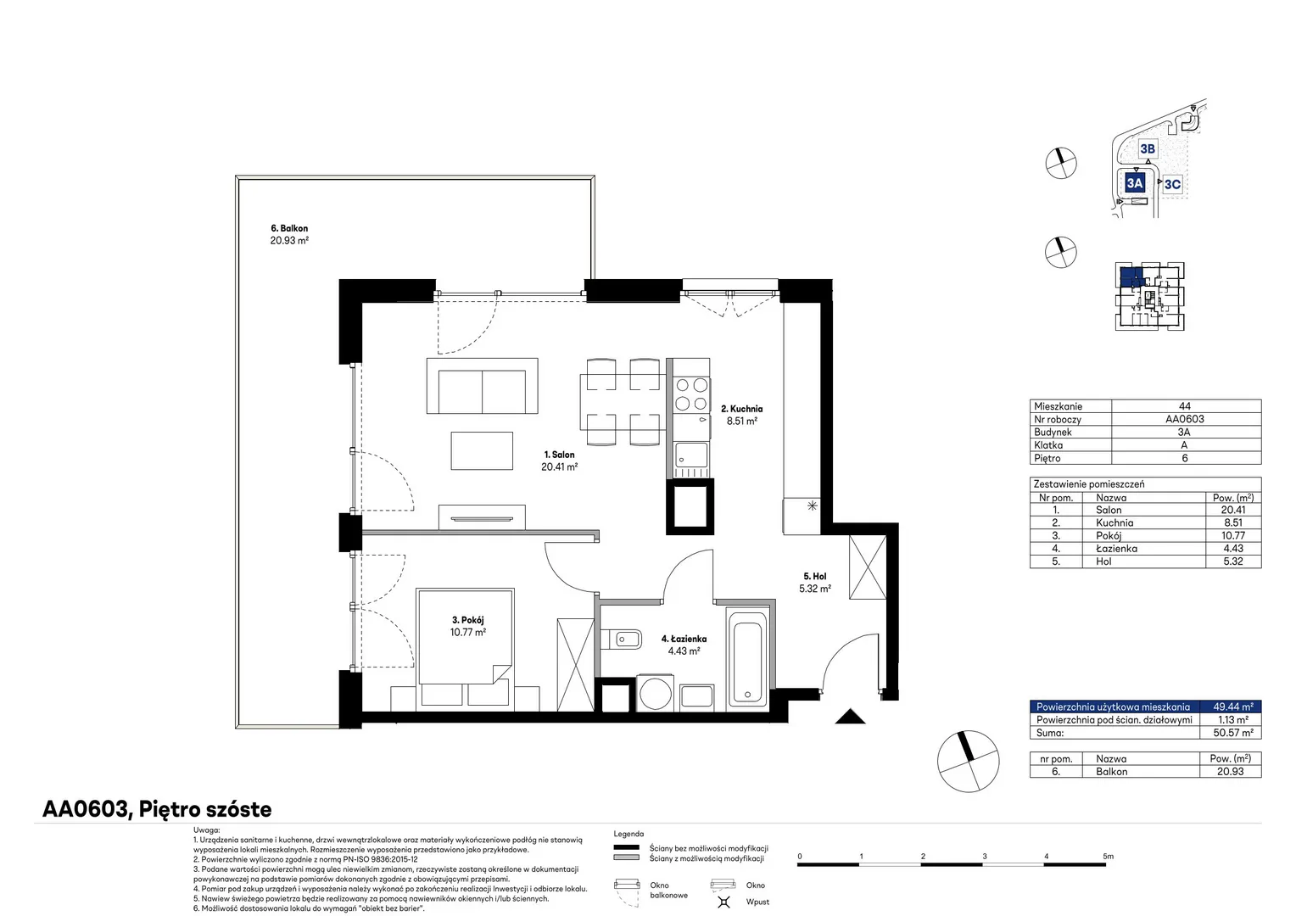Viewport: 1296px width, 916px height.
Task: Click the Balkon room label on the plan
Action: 289,228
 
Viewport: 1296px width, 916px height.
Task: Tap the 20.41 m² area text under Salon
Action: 560,467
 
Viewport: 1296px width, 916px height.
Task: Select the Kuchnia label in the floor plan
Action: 742,409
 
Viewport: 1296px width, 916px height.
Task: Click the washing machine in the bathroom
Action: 655,692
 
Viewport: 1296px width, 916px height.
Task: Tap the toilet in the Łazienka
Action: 621,640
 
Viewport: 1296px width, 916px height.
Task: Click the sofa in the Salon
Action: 482,385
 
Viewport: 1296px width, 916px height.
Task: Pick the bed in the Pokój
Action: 465,646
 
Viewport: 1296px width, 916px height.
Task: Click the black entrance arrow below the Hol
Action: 850,717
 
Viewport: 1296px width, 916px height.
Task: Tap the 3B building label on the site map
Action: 1148,149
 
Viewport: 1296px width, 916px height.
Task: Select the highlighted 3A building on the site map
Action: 1135,183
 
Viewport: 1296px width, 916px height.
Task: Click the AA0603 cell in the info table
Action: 1184,419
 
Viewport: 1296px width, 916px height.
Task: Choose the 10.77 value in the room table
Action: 1233,535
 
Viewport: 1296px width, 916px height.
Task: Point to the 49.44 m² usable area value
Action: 1233,707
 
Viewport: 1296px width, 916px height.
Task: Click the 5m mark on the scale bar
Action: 1108,856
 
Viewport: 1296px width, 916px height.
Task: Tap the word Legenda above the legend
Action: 628,834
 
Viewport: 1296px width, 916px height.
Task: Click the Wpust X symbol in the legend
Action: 723,902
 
